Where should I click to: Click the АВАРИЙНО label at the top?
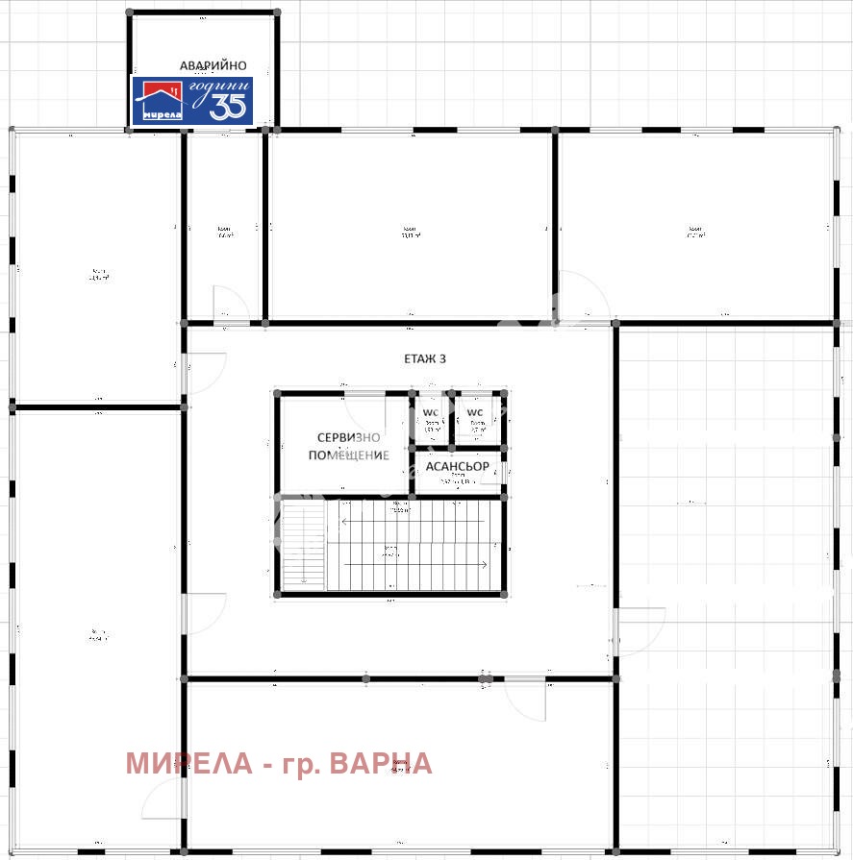click(x=206, y=65)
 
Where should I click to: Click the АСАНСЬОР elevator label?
click(x=457, y=466)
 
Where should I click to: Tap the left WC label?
click(x=430, y=413)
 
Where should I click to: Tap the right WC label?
click(x=475, y=413)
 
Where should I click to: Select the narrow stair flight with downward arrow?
click(x=303, y=548)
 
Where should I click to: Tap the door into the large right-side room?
click(x=639, y=631)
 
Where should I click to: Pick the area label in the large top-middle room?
click(x=409, y=233)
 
